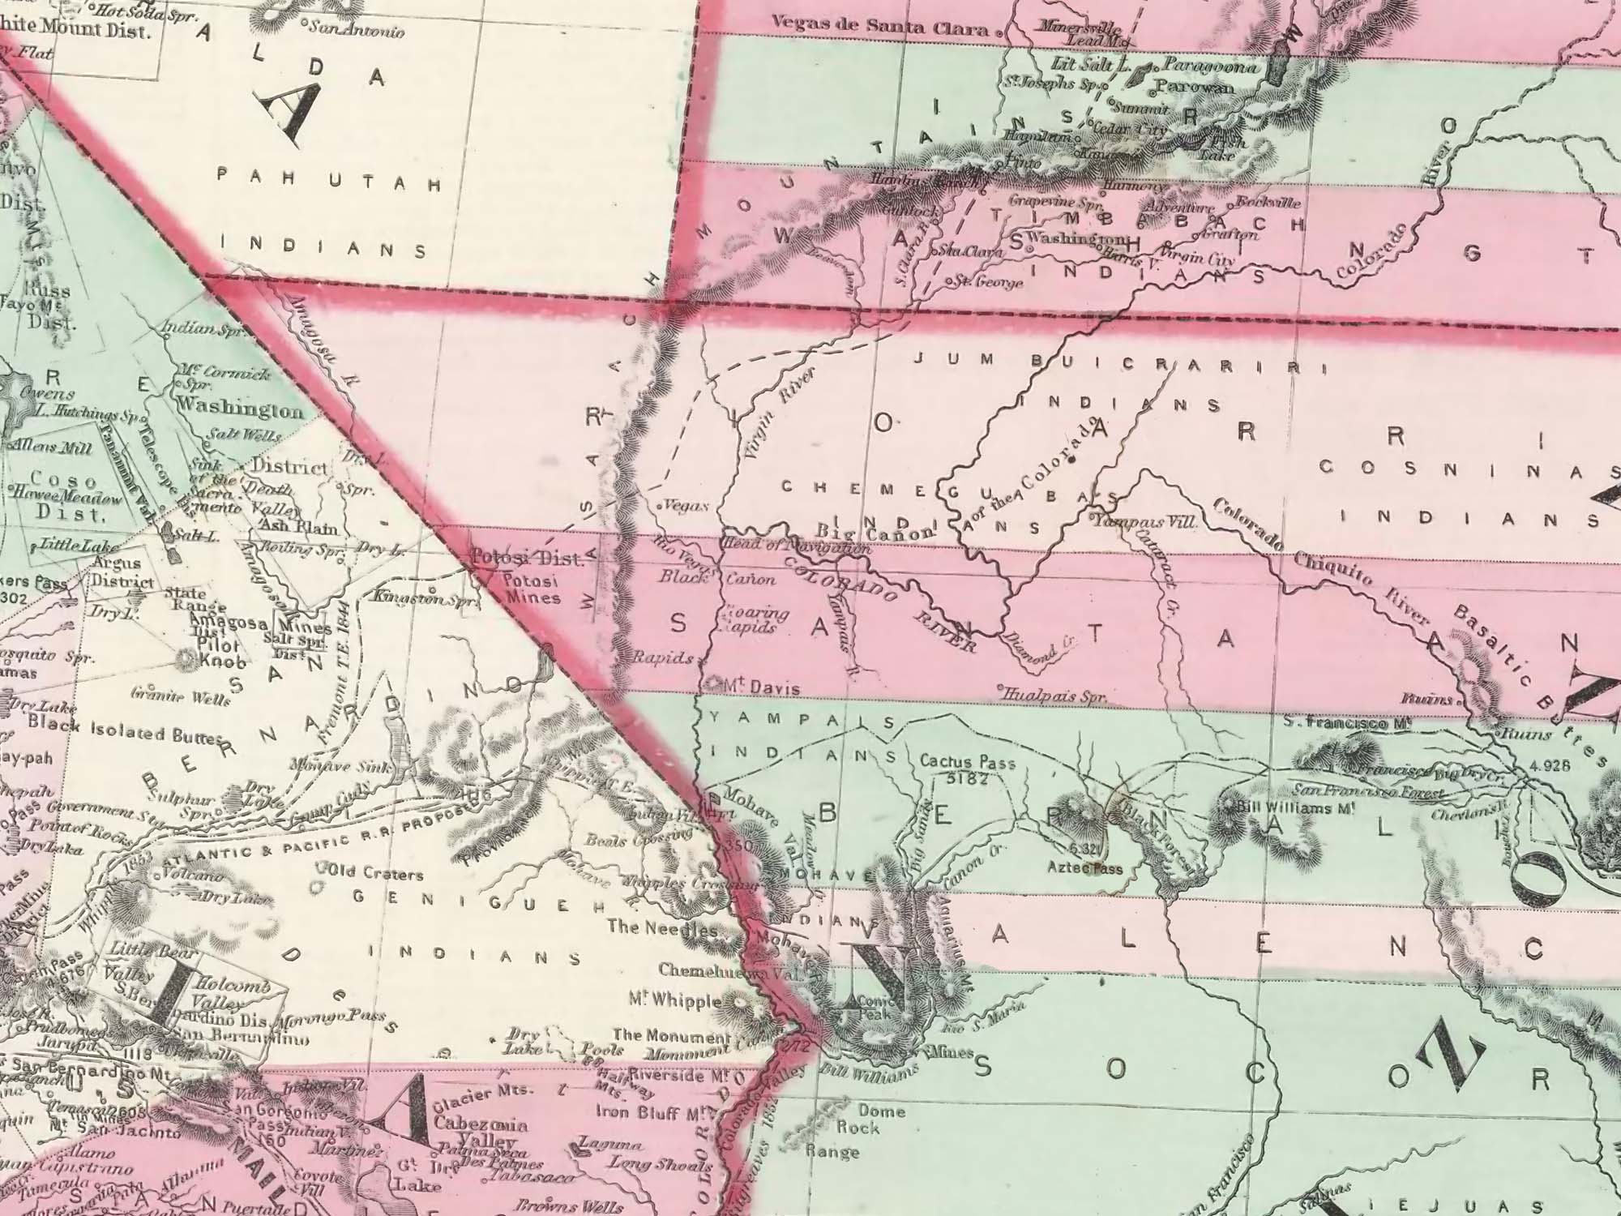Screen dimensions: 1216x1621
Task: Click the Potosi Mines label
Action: point(531,589)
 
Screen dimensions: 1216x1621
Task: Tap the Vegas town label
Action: point(691,505)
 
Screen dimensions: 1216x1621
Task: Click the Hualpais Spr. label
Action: point(1054,696)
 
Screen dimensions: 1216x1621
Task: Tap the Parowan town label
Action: point(1195,86)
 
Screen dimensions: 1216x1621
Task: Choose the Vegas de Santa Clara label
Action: point(880,27)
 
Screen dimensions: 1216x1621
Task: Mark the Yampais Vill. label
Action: point(1146,523)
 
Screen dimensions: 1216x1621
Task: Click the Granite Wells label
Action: point(171,696)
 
